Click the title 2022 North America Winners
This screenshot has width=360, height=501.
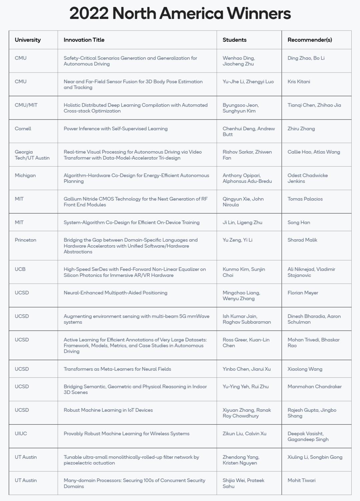(x=180, y=14)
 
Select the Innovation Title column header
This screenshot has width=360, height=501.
(x=84, y=40)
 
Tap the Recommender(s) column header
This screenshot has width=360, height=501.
(x=310, y=40)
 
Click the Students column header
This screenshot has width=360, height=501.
(x=234, y=40)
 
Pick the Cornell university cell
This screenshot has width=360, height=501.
(x=23, y=129)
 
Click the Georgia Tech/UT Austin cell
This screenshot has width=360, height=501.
(x=32, y=155)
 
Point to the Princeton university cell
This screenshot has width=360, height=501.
(x=25, y=240)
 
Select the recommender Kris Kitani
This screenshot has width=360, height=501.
(x=299, y=82)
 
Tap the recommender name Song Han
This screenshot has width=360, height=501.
(x=299, y=223)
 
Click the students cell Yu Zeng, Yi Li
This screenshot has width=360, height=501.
(x=237, y=240)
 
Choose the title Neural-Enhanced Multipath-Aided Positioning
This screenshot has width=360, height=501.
(x=115, y=293)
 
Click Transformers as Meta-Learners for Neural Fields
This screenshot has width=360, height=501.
(x=117, y=369)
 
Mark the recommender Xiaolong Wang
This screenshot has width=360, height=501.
(x=305, y=369)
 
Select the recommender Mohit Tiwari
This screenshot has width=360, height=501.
(x=301, y=480)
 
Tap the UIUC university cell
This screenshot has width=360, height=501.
(x=21, y=433)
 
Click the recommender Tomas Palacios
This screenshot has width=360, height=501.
(x=305, y=199)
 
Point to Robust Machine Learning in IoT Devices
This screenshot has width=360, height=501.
(x=108, y=410)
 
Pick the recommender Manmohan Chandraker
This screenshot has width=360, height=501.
(x=314, y=386)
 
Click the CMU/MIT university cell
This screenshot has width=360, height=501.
(x=26, y=105)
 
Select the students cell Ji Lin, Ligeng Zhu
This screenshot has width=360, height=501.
(x=242, y=223)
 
